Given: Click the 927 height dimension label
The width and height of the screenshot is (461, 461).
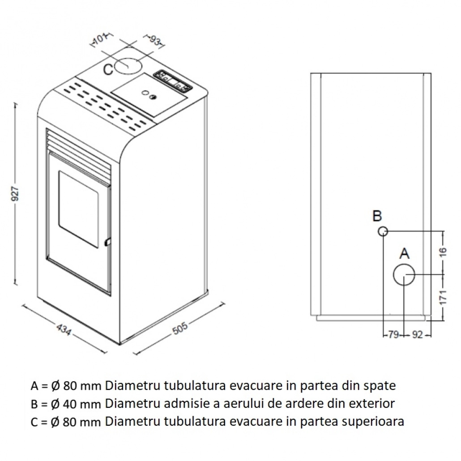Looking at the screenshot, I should point(15,193).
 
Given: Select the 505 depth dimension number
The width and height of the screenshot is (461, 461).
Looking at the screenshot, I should point(180,329).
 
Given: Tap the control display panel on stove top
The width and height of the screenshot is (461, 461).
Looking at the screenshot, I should point(173,81).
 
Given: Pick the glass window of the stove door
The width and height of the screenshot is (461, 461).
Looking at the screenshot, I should point(79,208).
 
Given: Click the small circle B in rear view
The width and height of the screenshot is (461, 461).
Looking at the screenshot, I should point(383,231).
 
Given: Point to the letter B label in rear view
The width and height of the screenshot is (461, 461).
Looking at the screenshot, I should point(377,217).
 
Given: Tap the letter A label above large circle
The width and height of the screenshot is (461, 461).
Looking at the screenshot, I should point(404,254).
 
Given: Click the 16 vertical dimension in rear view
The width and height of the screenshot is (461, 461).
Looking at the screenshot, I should point(443,252).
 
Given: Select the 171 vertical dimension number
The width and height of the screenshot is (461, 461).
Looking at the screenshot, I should point(443,297).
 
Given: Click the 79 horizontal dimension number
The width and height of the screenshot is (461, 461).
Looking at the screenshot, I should point(393,335).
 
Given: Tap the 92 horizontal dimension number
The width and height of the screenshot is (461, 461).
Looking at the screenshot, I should point(417,335).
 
